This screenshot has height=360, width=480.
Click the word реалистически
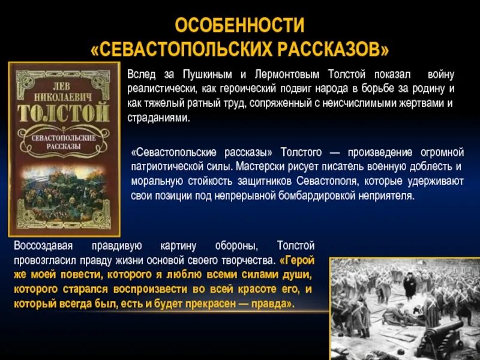click(157, 89)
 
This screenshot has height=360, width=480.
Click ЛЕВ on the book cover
click(62, 81)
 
